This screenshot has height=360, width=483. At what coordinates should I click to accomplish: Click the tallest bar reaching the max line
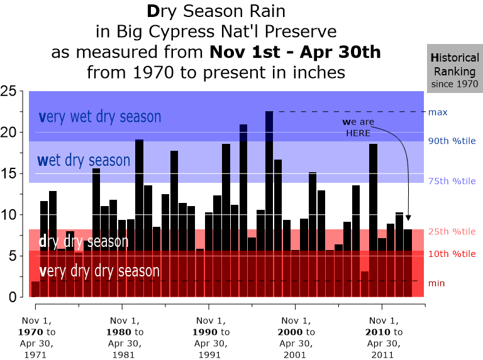pyautogui.click(x=269, y=201)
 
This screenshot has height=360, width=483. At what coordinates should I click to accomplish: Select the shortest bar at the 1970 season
pyautogui.click(x=35, y=289)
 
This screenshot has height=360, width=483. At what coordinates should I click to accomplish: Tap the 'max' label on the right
pyautogui.click(x=438, y=112)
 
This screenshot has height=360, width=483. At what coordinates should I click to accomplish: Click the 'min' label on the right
pyautogui.click(x=436, y=283)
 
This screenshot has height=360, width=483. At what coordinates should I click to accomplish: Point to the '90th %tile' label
pyautogui.click(x=452, y=141)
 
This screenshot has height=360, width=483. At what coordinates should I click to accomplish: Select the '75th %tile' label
pyautogui.click(x=452, y=181)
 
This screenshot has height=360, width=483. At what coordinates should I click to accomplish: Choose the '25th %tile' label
pyautogui.click(x=452, y=232)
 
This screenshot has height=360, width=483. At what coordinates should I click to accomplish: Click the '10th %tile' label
pyautogui.click(x=452, y=254)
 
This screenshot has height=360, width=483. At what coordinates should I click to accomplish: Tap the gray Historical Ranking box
pyautogui.click(x=455, y=69)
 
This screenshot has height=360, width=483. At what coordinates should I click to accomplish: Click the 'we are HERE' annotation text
pyautogui.click(x=357, y=128)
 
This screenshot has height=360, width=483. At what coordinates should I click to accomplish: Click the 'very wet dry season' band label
pyautogui.click(x=100, y=117)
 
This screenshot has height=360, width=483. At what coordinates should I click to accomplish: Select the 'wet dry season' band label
pyautogui.click(x=84, y=160)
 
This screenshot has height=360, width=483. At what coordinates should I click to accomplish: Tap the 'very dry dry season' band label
pyautogui.click(x=99, y=271)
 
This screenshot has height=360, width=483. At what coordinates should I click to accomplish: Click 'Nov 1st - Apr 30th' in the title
pyautogui.click(x=295, y=52)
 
